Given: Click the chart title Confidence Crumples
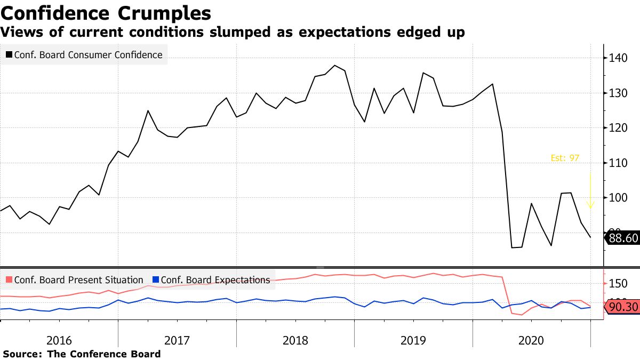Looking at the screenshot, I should coord(106,13).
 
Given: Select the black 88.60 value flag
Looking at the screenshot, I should coord(621,238).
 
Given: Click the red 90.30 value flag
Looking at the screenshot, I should coord(621,307).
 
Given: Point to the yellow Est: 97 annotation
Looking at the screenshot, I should coord(565,158).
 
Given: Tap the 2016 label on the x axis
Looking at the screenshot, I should coord(59,340).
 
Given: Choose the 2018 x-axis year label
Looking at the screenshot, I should coord(295,340).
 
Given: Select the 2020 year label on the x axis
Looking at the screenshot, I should coord(531,340).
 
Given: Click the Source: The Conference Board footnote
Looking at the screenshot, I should coord(82,354).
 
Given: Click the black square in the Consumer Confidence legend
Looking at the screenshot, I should coord(9,54).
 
